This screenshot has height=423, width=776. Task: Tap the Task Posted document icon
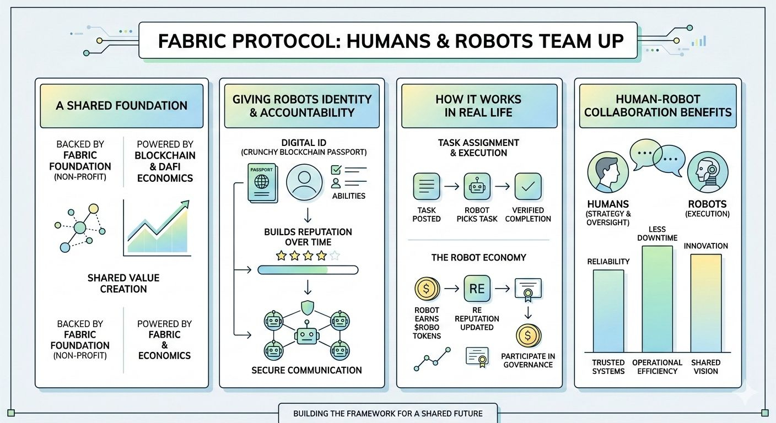coord(427,186)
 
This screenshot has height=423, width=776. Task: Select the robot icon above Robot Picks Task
coord(477,186)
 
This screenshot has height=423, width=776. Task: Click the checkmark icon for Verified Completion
coord(527,186)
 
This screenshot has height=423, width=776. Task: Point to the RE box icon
coord(477,288)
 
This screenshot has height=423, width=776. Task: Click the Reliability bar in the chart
coord(608,311)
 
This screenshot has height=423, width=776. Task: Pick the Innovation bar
coord(706,303)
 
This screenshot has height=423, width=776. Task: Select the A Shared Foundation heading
coord(121,106)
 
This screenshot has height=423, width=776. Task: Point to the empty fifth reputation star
coord(335,256)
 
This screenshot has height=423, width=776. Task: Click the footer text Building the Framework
coord(388,413)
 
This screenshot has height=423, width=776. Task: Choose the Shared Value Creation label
coord(123,284)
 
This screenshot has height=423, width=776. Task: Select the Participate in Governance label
coord(527,360)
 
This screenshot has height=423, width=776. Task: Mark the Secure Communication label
coord(306,370)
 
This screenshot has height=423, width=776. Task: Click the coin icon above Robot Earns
coord(427,288)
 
